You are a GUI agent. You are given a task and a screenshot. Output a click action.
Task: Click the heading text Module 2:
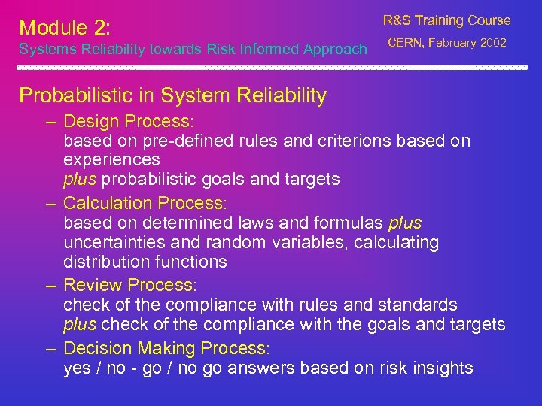(65, 28)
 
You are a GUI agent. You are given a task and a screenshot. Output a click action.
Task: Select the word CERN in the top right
(405, 43)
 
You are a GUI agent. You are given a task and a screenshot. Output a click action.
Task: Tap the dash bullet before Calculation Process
(52, 204)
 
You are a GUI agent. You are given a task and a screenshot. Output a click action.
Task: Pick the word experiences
(111, 159)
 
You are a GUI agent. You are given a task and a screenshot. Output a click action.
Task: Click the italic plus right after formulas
(405, 223)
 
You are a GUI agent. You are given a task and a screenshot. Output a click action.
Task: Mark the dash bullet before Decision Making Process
(52, 349)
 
